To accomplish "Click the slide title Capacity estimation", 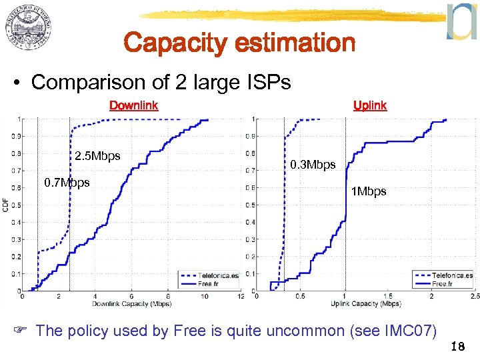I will coord(239,43).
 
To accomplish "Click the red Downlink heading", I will coord(133,105).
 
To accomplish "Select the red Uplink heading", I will coord(370,105).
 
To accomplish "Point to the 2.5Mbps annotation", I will coord(97,157).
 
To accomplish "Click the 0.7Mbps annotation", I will coord(66,183).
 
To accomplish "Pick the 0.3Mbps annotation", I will coord(313,165).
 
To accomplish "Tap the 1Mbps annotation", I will coord(369,191).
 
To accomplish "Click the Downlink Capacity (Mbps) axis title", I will coord(131,304).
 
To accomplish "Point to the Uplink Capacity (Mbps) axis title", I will coord(365,304).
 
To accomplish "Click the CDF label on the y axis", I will coord(6,205).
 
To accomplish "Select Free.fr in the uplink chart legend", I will coord(444,283).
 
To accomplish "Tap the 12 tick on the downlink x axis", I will coord(240,297).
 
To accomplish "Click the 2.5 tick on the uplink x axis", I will coord(474,297).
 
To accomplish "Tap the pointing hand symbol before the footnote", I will coord(23,331).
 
